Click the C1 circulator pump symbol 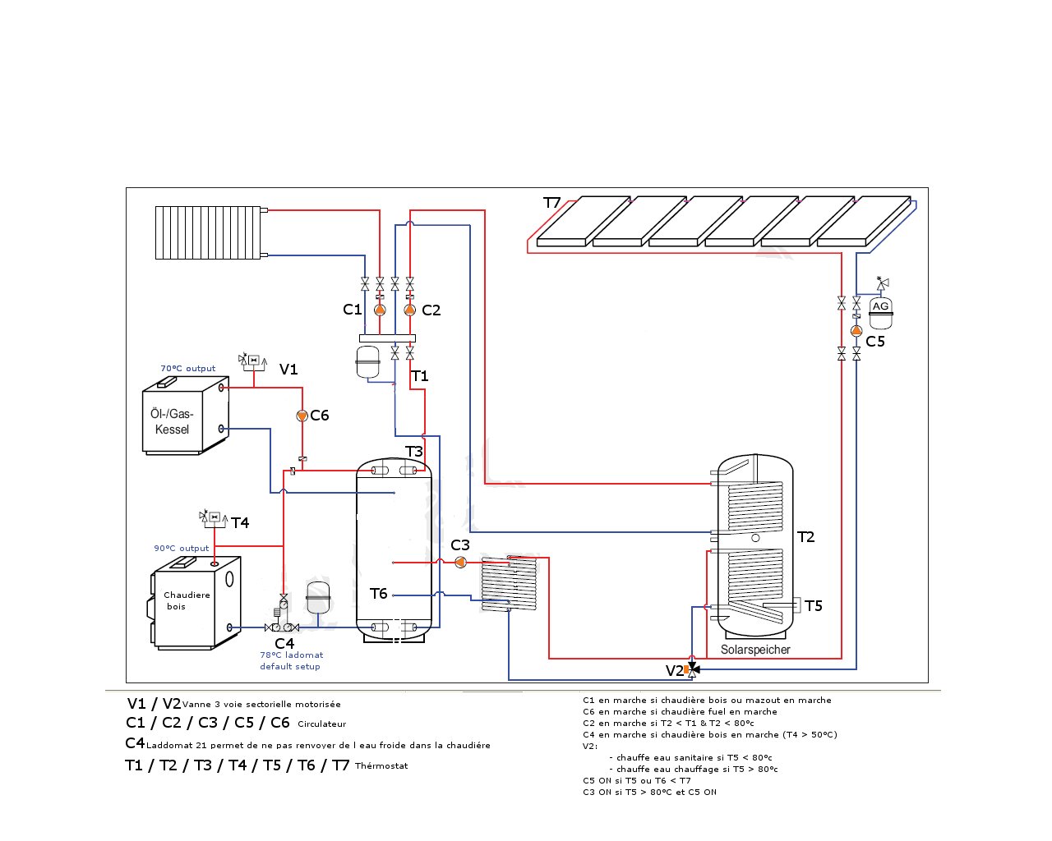(x=380, y=310)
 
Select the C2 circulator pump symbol (x=409, y=310)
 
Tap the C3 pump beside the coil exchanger (x=460, y=563)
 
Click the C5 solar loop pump (x=856, y=331)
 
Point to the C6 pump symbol (x=302, y=416)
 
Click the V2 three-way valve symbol (x=692, y=669)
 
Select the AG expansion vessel (x=881, y=313)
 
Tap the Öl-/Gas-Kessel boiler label (x=172, y=421)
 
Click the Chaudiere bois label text (x=187, y=600)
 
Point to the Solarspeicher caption (x=755, y=650)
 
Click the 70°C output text (x=187, y=369)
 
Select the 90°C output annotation (x=182, y=549)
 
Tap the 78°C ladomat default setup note (x=291, y=660)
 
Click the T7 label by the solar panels (x=552, y=203)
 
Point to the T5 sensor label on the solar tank (x=814, y=606)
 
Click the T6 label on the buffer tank (x=378, y=594)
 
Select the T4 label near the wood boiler (x=240, y=523)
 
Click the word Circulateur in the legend (x=321, y=724)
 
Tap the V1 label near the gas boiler (x=288, y=369)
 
